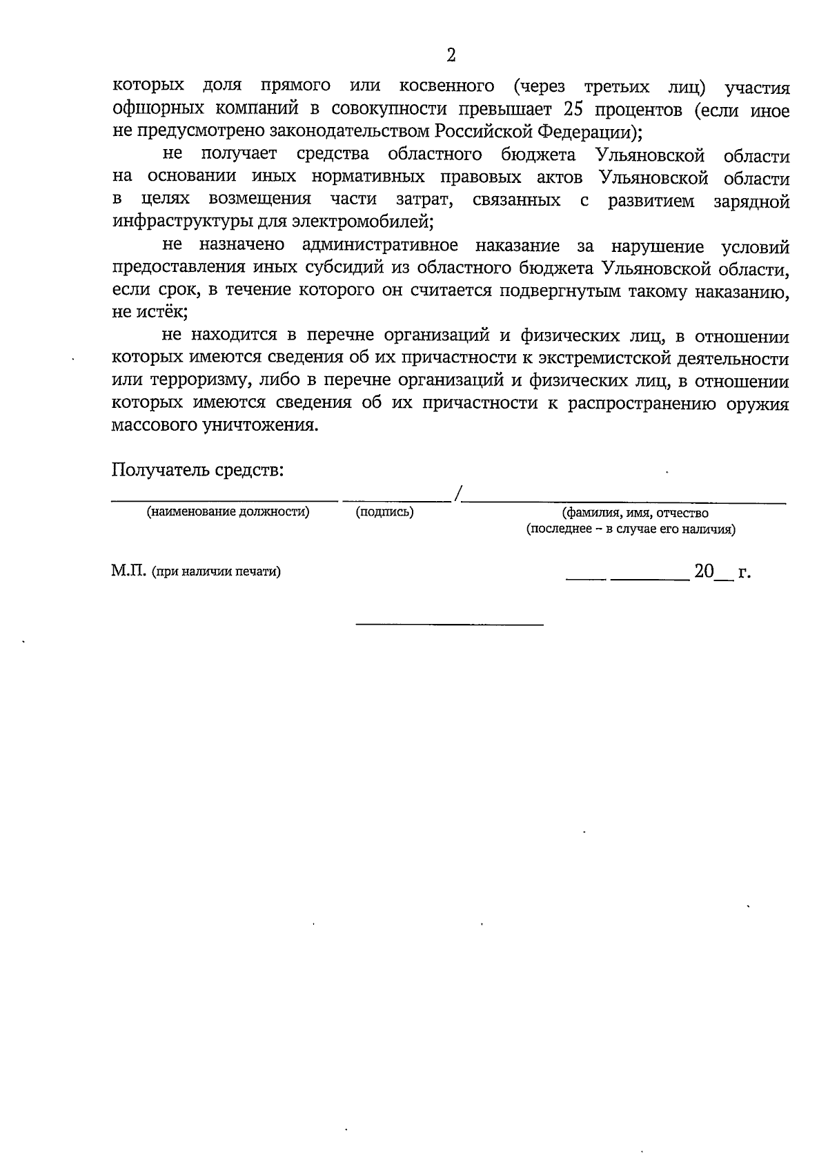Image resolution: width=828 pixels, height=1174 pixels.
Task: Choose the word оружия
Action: (757, 403)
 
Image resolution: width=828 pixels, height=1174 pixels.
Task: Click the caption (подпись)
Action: (384, 512)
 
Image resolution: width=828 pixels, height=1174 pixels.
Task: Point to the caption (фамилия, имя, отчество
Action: (635, 513)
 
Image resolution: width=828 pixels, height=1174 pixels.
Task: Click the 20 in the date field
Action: (704, 571)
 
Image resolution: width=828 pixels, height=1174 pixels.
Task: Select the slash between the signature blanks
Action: (458, 493)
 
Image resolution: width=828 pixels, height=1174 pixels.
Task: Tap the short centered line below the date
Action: (449, 625)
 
